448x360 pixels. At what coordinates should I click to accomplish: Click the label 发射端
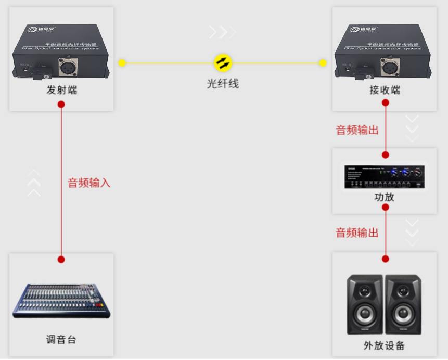point(61,90)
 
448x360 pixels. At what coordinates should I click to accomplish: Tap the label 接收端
point(385,90)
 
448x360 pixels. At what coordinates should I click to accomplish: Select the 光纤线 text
point(223,83)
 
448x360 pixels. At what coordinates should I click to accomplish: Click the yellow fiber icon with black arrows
point(223,63)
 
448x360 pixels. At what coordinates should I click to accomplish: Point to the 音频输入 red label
point(89,183)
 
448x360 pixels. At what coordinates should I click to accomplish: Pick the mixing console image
point(61,301)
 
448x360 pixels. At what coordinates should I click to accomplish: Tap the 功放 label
point(385,197)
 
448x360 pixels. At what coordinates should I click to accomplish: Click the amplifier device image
point(385,177)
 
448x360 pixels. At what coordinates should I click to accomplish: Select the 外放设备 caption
point(385,345)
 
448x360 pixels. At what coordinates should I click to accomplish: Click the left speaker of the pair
point(365,305)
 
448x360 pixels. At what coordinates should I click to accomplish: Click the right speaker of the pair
point(403,305)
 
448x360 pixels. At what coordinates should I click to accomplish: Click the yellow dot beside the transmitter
point(122,63)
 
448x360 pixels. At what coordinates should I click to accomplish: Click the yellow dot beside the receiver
point(323,63)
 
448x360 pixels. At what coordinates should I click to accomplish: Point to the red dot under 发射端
point(61,105)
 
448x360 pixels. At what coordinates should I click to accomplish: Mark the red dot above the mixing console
point(61,259)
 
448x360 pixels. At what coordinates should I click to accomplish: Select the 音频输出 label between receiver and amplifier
point(357,130)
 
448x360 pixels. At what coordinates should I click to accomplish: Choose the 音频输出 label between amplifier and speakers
point(357,233)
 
